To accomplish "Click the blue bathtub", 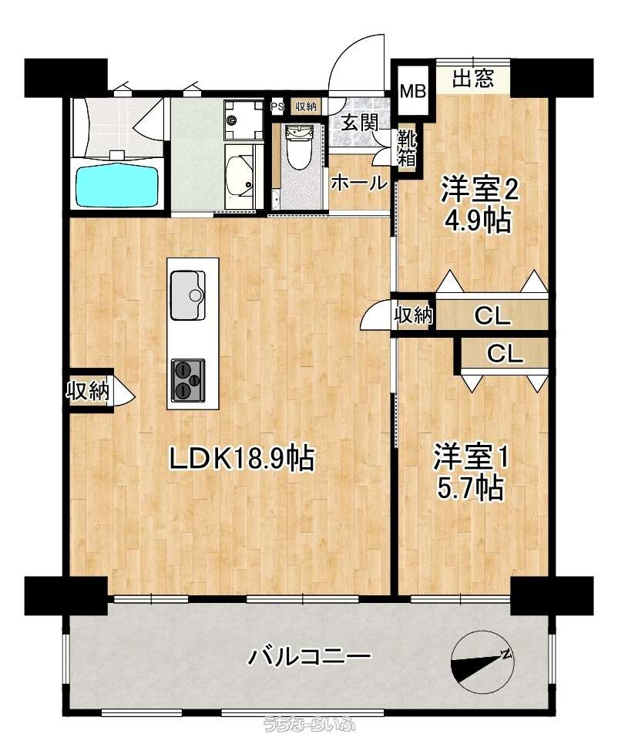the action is click(x=117, y=184).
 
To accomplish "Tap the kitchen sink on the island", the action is click(x=188, y=295).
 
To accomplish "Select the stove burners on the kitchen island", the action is click(x=188, y=379).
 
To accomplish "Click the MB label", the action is click(x=413, y=91).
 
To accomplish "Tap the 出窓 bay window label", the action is click(x=473, y=78).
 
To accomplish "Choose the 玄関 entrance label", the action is click(x=359, y=123).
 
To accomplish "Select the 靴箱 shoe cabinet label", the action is click(x=408, y=148).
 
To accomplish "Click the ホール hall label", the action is click(x=358, y=183).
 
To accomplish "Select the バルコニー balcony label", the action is click(x=309, y=655).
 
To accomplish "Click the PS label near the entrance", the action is click(x=277, y=106).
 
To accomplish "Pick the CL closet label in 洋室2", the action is click(x=492, y=316).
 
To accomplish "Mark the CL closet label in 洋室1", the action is click(x=505, y=355).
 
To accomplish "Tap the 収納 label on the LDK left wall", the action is click(x=88, y=391).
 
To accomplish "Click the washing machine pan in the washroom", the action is click(x=244, y=120).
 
